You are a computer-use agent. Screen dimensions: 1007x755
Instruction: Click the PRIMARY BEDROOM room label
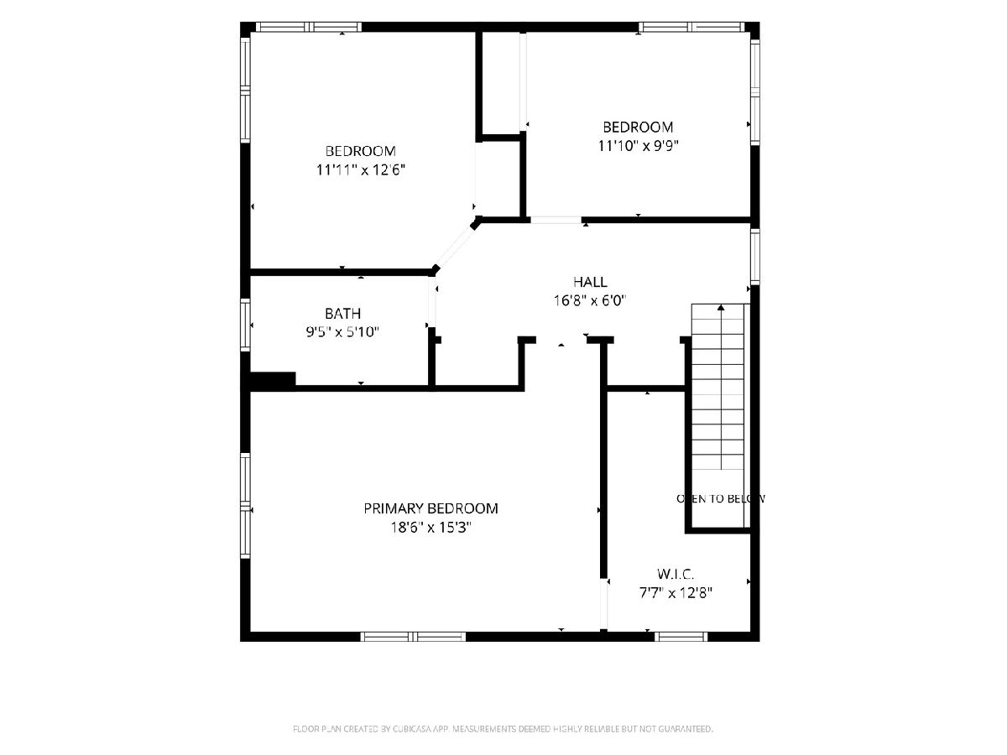(430, 508)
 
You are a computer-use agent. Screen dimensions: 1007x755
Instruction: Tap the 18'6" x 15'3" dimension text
(430, 528)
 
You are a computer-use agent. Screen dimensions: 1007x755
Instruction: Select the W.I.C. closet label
(676, 574)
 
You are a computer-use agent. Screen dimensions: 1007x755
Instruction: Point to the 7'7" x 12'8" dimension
(676, 593)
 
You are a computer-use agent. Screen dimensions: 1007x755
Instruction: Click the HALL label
(590, 282)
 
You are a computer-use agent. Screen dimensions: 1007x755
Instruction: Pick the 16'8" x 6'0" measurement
(590, 300)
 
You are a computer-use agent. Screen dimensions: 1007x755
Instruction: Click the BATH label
(342, 314)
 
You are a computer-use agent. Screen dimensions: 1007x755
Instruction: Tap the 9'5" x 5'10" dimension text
(342, 331)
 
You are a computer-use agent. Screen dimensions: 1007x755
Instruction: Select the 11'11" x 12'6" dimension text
(360, 170)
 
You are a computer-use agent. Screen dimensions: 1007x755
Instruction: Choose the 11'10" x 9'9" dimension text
(638, 146)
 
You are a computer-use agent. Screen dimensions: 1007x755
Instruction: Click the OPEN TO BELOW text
(720, 499)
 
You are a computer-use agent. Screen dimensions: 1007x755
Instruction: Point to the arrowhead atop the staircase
(721, 307)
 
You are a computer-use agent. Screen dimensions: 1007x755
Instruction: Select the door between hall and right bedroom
(556, 220)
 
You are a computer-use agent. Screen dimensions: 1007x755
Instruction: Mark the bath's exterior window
(245, 325)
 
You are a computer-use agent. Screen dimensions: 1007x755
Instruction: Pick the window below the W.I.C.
(681, 636)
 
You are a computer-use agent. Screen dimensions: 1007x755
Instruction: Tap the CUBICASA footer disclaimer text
(503, 729)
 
